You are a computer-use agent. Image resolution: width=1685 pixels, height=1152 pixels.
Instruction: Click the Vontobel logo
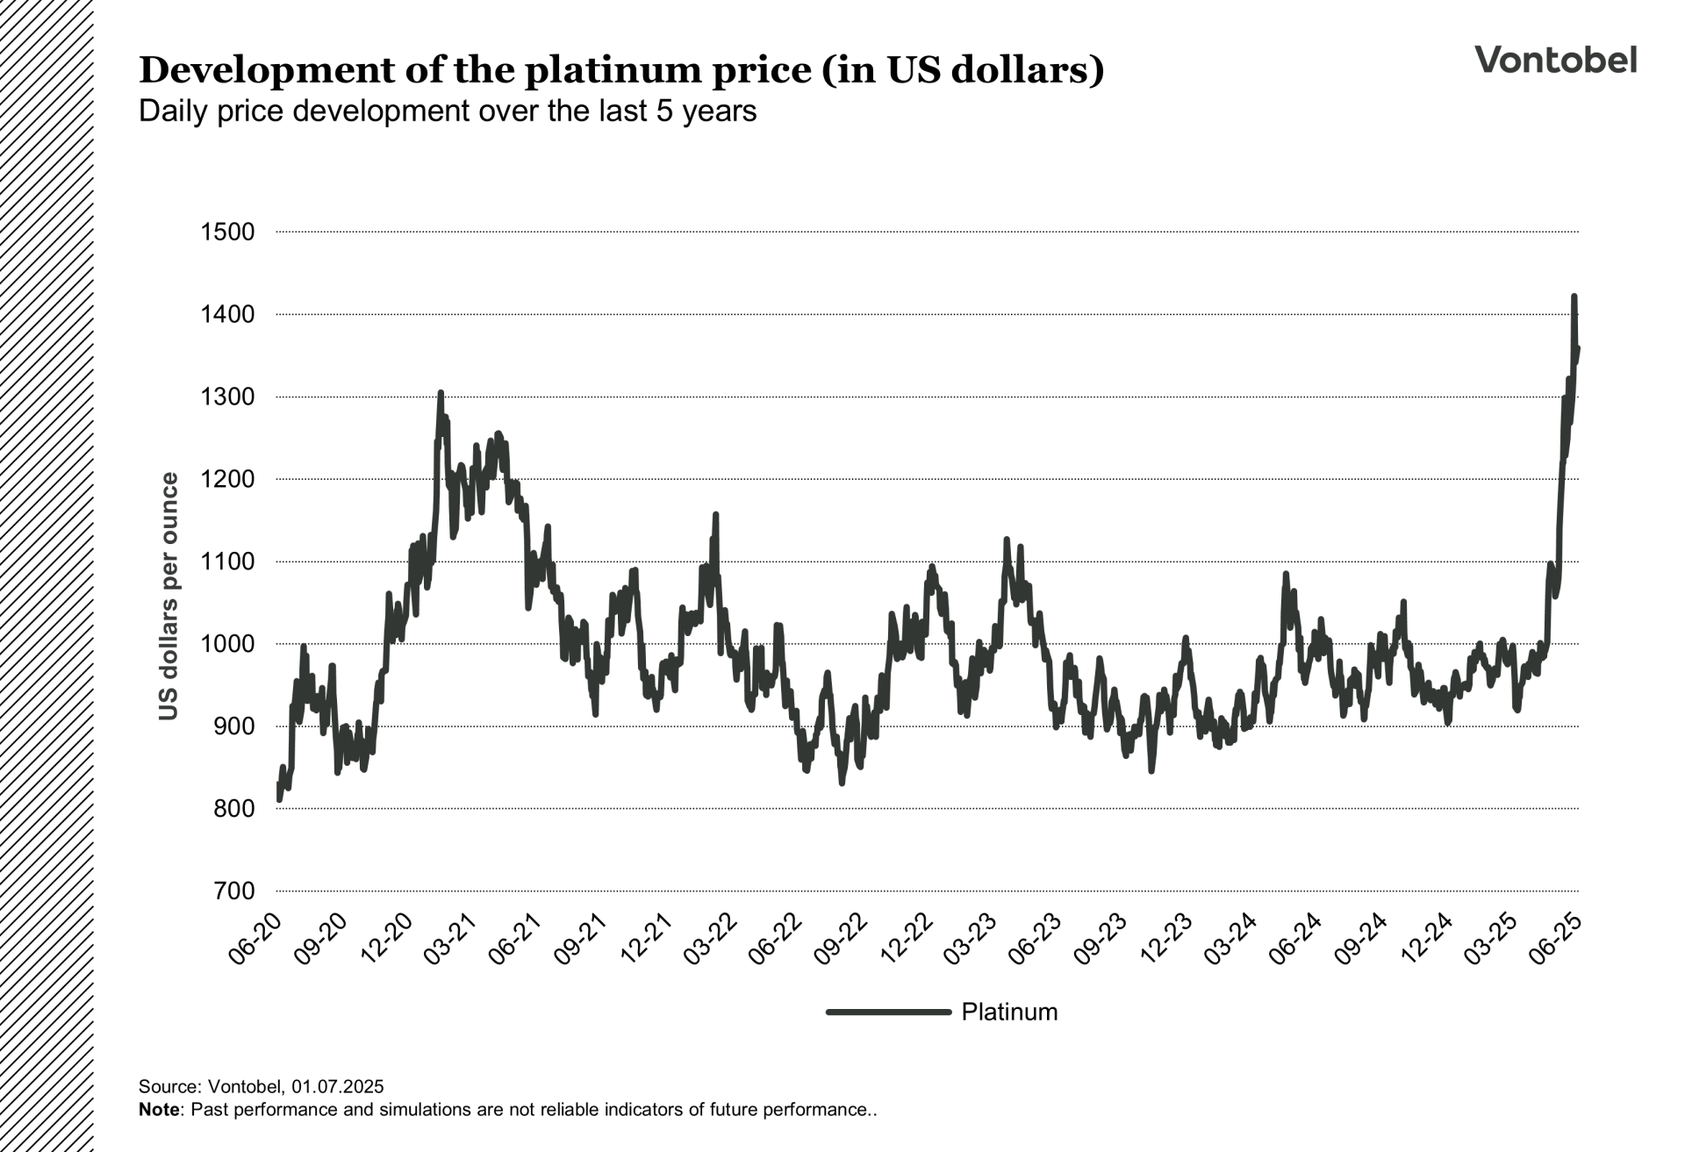1555,60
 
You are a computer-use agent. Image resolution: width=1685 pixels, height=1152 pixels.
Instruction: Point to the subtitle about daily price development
448,111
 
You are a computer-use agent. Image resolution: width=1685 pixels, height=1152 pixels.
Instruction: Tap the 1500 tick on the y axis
227,233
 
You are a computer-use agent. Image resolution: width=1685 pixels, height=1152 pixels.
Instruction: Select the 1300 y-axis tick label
227,397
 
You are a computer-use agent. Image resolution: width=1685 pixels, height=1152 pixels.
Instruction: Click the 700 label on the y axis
233,891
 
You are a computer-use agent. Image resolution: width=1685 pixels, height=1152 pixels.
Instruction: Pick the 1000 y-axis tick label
227,644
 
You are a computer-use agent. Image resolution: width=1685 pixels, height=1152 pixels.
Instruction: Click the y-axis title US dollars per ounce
168,597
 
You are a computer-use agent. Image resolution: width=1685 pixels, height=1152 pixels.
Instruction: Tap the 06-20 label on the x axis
255,939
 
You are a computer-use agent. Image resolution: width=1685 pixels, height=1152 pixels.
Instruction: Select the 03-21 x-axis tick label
450,939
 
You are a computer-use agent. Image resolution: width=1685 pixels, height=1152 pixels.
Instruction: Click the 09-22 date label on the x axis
841,939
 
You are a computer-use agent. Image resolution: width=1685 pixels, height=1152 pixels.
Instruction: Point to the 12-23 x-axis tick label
1166,939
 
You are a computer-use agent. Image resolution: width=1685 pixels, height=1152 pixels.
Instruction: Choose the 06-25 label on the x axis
1556,939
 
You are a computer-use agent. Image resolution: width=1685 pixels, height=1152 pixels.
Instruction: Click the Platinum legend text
1009,1012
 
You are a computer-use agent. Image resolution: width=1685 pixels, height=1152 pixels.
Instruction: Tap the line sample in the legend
888,1012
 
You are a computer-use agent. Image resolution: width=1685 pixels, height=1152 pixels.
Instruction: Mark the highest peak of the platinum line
1574,297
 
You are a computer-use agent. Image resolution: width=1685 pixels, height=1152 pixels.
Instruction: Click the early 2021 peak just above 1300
441,393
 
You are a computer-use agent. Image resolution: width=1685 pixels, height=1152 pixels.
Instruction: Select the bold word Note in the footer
159,1110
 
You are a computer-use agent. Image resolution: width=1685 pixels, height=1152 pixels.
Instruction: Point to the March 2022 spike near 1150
715,515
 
